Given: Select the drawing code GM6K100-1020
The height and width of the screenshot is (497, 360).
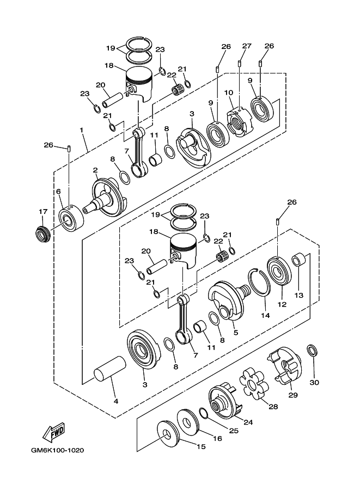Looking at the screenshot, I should click(x=57, y=450).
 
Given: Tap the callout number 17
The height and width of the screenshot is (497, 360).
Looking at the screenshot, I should click(x=43, y=212).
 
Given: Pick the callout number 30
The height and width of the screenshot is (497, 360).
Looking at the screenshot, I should click(x=314, y=382).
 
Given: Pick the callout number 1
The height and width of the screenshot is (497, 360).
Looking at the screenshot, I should click(x=81, y=131).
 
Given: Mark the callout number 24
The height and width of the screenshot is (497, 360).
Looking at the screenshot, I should click(x=248, y=421).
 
